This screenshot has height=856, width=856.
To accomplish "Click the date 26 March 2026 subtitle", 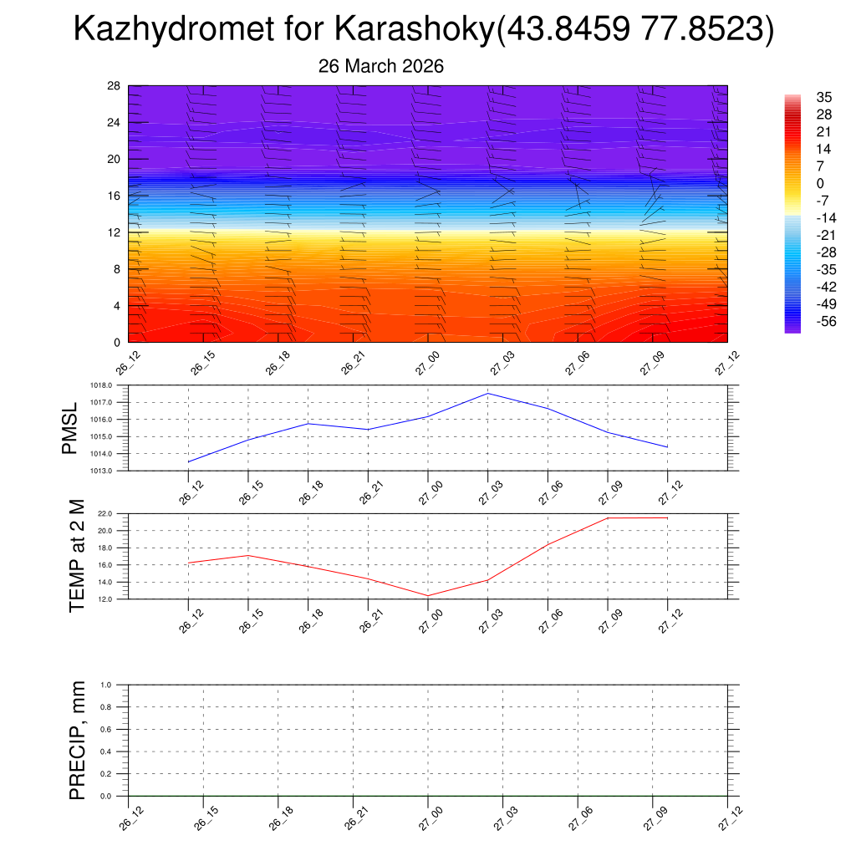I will (x=381, y=66).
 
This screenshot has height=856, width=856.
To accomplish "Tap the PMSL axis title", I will (x=69, y=428).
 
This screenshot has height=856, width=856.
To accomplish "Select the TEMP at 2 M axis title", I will (x=77, y=555).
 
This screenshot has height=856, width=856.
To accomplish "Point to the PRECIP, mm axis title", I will (x=77, y=740).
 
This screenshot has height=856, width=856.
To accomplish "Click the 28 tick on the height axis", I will (x=115, y=86).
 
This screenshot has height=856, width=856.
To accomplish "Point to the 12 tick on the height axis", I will (x=115, y=232).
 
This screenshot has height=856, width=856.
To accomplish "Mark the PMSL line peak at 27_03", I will (x=487, y=393).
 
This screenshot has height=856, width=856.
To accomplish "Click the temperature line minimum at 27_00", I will (x=428, y=596).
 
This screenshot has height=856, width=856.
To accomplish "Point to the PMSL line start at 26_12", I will (x=189, y=461).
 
